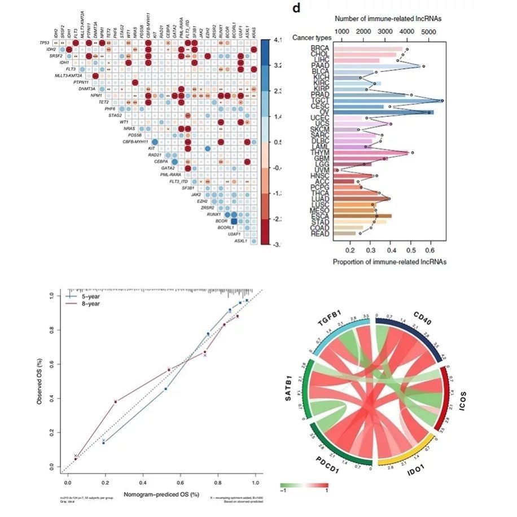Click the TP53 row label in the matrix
click(x=45, y=43)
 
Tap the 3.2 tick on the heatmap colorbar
click(x=278, y=65)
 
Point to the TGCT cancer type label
click(x=319, y=100)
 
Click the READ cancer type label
click(x=319, y=233)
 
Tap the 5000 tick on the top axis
click(x=428, y=32)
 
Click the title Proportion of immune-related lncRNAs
click(x=389, y=261)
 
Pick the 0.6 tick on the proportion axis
click(x=431, y=249)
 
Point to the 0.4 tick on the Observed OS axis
click(x=52, y=398)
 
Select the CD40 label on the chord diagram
click(x=424, y=326)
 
